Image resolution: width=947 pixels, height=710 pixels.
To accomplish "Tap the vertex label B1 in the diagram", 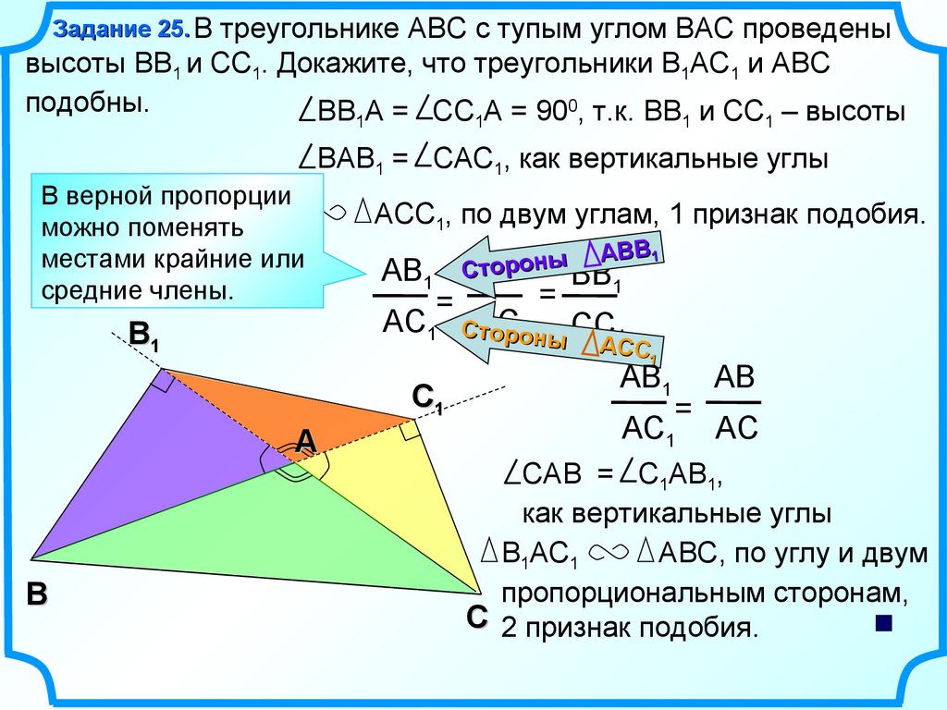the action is [143, 336].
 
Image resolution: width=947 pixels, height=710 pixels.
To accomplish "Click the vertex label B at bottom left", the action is [36, 595].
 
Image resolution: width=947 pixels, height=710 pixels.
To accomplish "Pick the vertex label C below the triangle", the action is [476, 617].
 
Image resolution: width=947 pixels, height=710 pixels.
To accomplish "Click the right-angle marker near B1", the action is [165, 380].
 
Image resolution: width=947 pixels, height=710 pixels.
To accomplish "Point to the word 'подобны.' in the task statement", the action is [88, 101].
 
